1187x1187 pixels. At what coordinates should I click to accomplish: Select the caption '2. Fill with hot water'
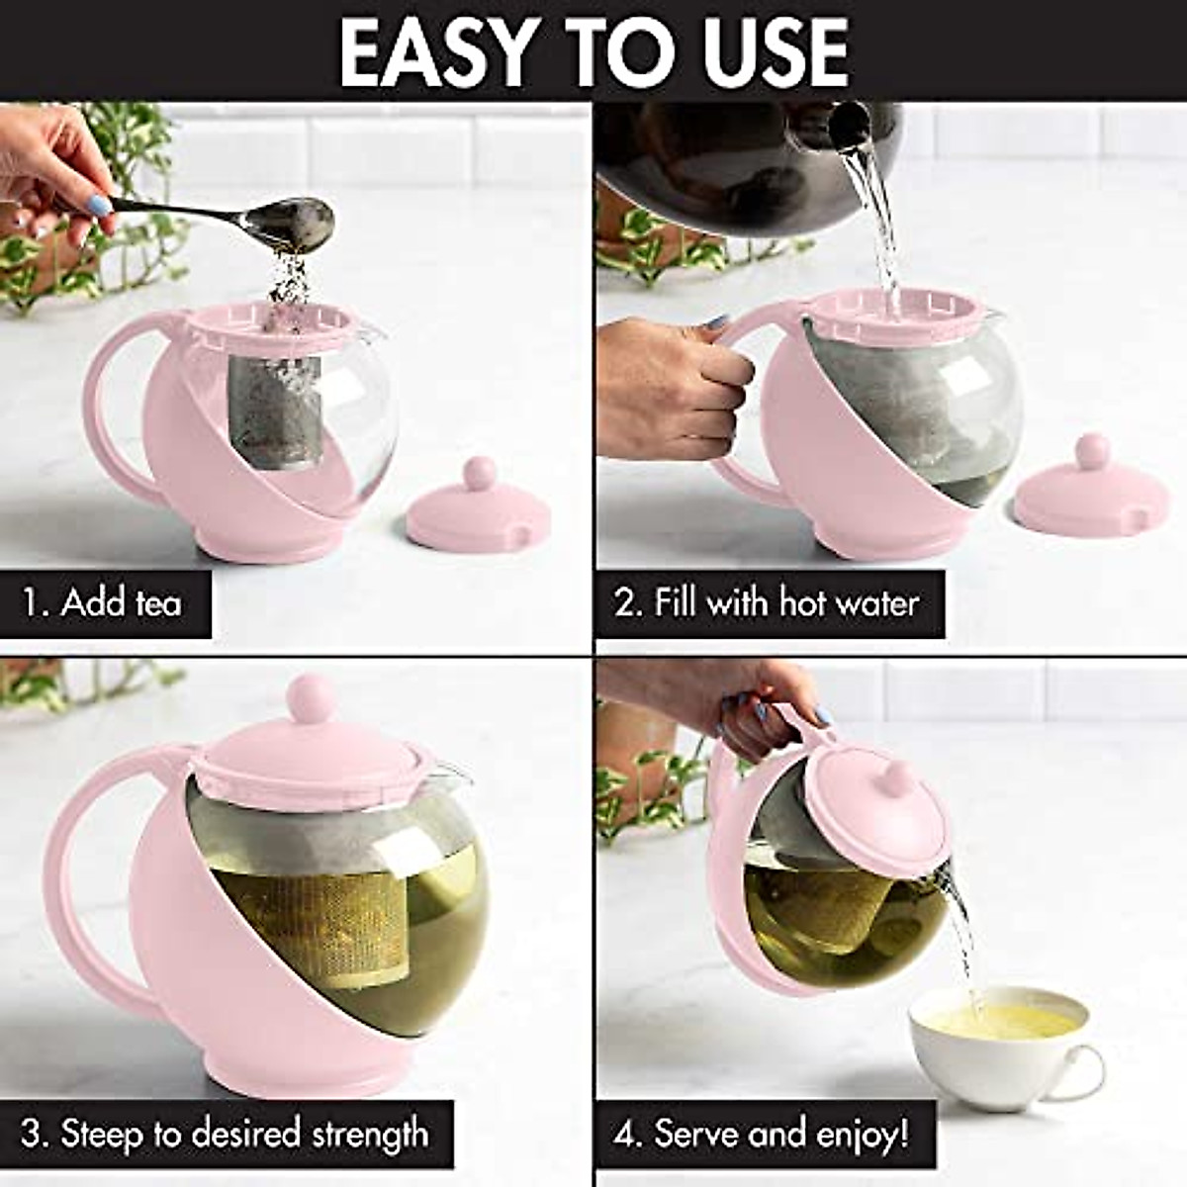[768, 602]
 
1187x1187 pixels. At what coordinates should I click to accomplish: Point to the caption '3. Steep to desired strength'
[226, 1134]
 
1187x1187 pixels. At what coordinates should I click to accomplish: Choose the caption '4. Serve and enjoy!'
[762, 1134]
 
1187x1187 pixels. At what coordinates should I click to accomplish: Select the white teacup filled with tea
[999, 1044]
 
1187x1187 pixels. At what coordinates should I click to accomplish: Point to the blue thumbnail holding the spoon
[99, 206]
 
